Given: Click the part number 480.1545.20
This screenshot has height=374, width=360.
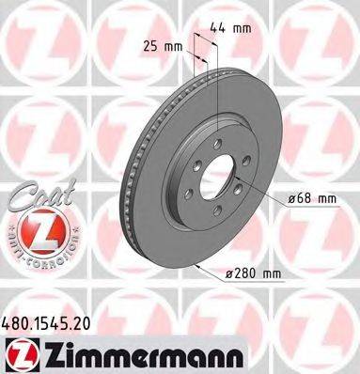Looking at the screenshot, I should pos(55,321).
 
